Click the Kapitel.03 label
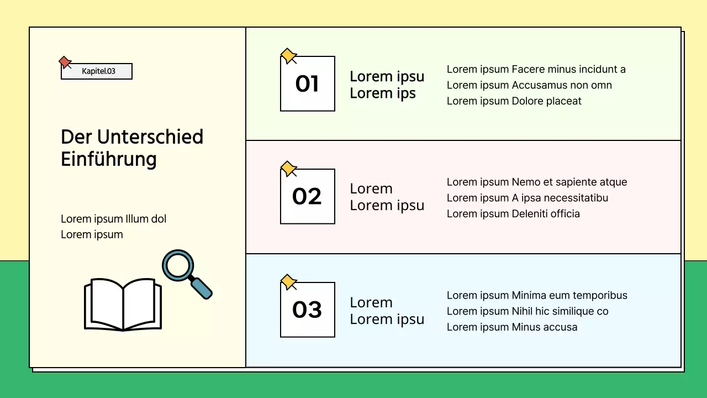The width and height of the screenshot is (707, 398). (x=98, y=71)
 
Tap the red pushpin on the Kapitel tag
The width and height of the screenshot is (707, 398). (x=65, y=62)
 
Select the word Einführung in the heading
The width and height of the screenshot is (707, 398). (x=109, y=159)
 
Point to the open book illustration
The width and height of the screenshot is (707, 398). (x=123, y=305)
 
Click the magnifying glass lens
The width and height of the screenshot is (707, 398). (x=178, y=265)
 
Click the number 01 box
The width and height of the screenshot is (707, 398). (x=308, y=84)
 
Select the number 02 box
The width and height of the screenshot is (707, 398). (x=308, y=197)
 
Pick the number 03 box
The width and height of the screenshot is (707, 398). (x=308, y=310)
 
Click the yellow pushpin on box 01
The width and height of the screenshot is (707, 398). (x=288, y=56)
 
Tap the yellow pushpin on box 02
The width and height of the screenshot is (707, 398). (x=288, y=169)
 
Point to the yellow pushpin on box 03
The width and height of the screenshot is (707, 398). (x=288, y=282)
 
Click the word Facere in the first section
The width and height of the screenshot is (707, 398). (x=528, y=69)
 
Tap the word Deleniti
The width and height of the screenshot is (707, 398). (x=530, y=213)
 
